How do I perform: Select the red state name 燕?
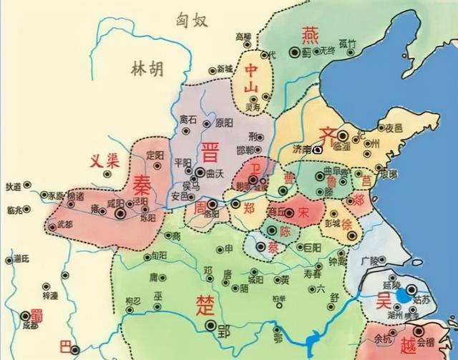pos(309,34)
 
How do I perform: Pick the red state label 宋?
pos(303,213)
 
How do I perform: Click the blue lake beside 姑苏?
pos(405,293)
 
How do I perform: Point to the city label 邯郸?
pos(245,150)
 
